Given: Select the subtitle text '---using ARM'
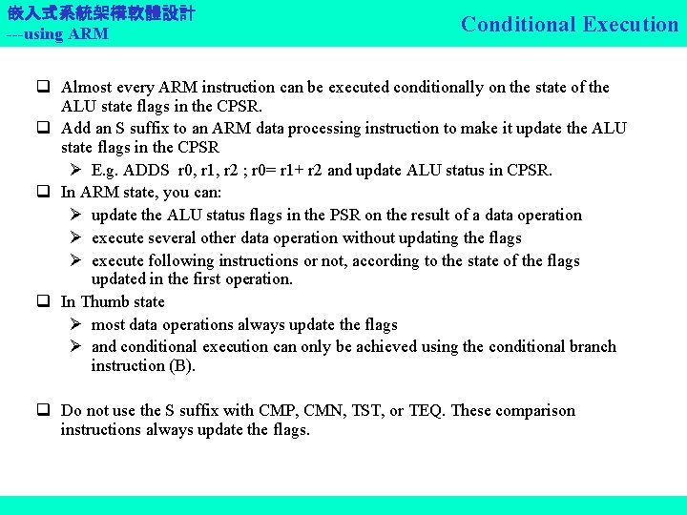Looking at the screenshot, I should click(x=57, y=34).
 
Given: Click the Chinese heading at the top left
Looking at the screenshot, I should click(x=101, y=13).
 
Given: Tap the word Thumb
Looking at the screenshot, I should click(x=107, y=302).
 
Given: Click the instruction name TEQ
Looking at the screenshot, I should click(x=427, y=411).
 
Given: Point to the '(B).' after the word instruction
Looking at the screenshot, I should click(x=180, y=366).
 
